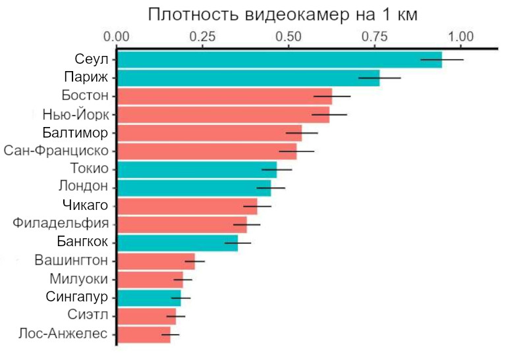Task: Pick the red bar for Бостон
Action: pos(225,96)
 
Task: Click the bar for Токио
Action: pos(197,169)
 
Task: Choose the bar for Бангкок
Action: pos(177,242)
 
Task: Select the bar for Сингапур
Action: pos(149,297)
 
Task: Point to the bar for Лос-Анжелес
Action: pos(144,334)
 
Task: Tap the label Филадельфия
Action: pos(61,224)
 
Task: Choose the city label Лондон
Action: pos(83,188)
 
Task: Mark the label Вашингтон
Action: pos(72,261)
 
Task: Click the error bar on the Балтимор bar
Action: pos(302,132)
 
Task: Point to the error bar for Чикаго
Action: pos(257,205)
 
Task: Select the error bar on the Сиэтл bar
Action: pos(176,316)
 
